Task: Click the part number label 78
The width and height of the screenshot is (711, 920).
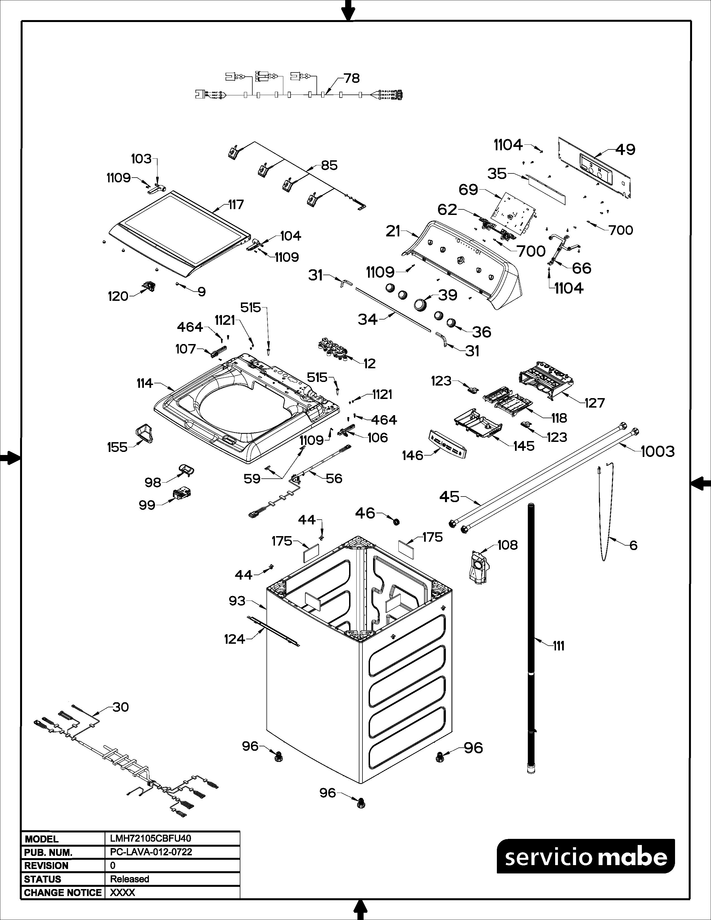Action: coord(351,78)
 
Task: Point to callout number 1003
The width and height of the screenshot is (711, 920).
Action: coord(657,452)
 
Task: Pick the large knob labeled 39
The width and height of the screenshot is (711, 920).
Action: coord(420,304)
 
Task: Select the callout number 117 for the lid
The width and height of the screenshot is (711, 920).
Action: coord(236,204)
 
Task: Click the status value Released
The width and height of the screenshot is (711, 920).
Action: coord(130,879)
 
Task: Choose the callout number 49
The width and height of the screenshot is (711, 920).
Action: coord(625,149)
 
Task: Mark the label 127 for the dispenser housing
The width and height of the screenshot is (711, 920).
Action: coord(594,403)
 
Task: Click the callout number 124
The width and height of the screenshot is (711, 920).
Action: coord(234,639)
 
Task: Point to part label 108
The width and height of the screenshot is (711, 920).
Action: coord(507,545)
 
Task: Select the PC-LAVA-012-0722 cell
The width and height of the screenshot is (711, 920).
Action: coord(151,852)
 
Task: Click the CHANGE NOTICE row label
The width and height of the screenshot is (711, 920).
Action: coord(63,893)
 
